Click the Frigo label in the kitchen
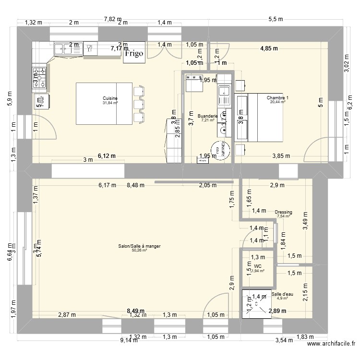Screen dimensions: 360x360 click(134, 54)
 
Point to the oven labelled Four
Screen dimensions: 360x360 click(39, 100)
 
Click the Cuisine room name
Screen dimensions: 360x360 click(110, 98)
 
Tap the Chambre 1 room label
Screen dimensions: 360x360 click(277, 98)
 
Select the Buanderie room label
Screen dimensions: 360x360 click(208, 116)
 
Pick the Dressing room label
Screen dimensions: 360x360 click(284, 212)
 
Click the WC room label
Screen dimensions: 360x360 click(258, 266)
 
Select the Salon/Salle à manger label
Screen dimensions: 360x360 click(139, 246)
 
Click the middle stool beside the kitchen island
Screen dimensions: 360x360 click(139, 104)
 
